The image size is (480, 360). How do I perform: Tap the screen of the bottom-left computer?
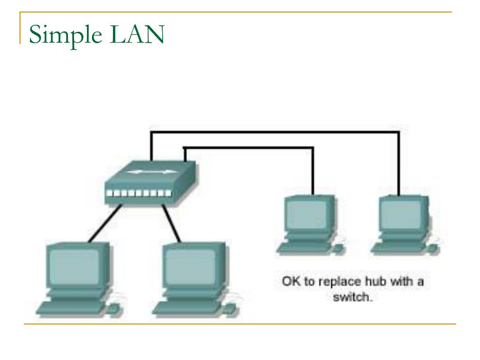[x=75, y=266]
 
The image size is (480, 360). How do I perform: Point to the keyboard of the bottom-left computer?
[x=70, y=307]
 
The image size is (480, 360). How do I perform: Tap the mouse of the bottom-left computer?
[x=114, y=308]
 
